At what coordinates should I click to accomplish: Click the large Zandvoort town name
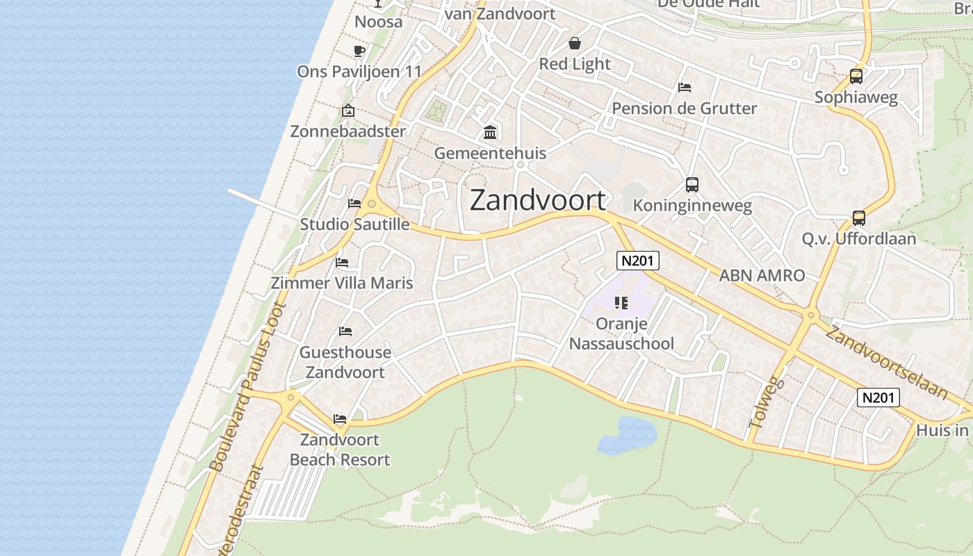538,200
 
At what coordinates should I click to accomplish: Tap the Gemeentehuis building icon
490,132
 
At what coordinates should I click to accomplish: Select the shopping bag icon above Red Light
575,43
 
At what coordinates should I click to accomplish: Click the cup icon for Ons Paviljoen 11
359,51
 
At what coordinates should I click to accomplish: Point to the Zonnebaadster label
347,131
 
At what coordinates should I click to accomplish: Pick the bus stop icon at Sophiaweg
856,76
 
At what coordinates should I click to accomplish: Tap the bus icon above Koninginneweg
692,185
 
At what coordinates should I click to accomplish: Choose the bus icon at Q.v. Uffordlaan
858,218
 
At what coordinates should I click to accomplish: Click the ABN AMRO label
762,275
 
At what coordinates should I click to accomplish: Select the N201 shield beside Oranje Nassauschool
637,261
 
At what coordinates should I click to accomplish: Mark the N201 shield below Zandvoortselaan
878,398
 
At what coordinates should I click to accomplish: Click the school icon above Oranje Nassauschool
621,302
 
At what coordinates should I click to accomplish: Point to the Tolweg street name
767,402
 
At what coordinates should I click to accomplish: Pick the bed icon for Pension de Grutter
684,88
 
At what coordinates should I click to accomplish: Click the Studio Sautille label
354,224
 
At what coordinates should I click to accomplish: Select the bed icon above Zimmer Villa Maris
342,263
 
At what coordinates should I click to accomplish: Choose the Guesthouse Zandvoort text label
345,362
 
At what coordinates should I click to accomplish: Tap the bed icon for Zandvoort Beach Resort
339,419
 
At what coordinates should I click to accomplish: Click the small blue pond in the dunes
627,435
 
